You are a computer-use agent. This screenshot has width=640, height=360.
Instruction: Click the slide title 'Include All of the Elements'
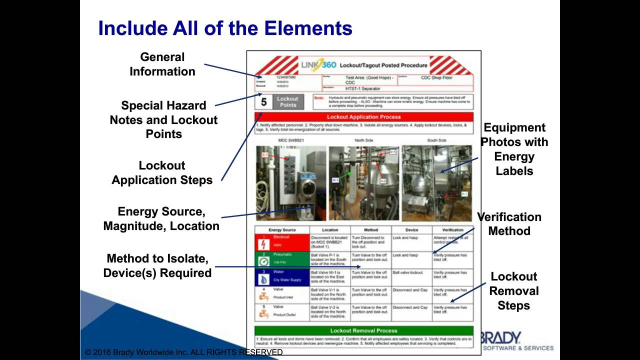[x=225, y=28]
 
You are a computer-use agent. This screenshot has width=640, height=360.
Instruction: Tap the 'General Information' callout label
[x=162, y=64]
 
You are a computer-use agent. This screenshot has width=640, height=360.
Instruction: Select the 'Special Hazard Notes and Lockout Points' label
[x=163, y=120]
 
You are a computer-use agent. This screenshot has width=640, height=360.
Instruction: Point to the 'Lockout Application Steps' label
[x=162, y=173]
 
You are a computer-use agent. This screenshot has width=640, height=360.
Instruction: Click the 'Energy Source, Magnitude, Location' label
[x=161, y=219]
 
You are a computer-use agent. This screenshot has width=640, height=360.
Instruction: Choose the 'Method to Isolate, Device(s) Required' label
[x=157, y=266]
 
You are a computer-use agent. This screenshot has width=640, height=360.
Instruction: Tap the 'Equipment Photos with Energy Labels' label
[x=514, y=149]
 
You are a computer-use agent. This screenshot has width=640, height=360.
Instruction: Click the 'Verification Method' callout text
[x=509, y=224]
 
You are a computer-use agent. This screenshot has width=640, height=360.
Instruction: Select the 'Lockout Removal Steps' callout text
[x=514, y=291]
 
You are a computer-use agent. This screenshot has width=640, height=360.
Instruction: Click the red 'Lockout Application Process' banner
[x=363, y=117]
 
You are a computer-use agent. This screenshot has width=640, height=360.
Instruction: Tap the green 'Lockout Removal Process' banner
[x=363, y=330]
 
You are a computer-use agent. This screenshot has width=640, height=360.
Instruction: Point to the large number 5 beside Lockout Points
[x=264, y=102]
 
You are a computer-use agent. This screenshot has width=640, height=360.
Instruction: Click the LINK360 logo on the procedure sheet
[x=318, y=65]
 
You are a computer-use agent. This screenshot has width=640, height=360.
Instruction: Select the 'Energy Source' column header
[x=282, y=230]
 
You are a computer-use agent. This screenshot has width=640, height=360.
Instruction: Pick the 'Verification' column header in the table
[x=452, y=230]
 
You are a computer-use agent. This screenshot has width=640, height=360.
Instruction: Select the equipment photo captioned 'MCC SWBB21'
[x=290, y=183]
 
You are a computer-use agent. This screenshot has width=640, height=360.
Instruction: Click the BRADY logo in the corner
[x=500, y=337]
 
